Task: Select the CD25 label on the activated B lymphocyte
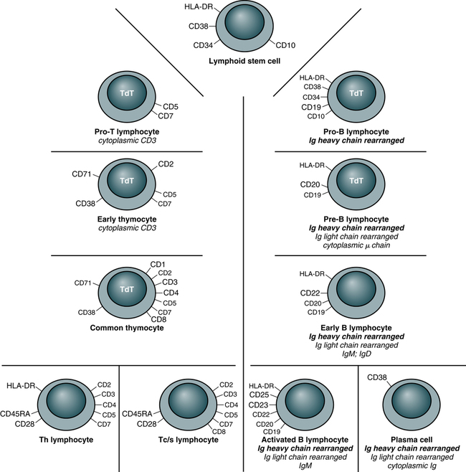pos(259,394)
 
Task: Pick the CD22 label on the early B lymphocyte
pos(310,293)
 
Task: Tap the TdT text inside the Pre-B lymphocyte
pos(354,182)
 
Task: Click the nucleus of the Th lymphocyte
pos(68,400)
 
